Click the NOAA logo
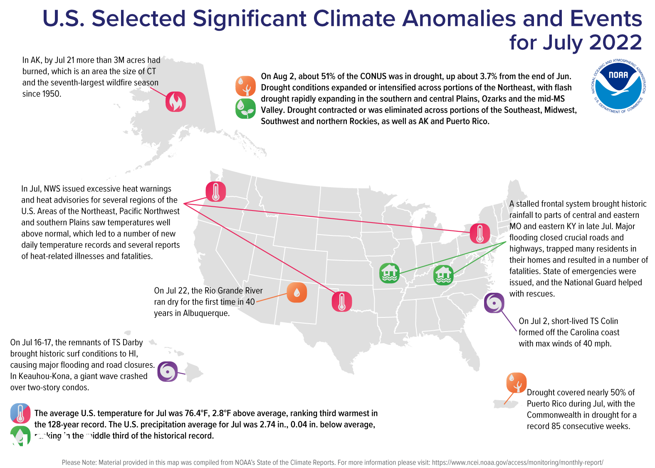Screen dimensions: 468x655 coord(618,86)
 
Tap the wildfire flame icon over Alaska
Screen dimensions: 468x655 coord(175,102)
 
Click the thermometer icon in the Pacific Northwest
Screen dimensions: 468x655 coord(216,192)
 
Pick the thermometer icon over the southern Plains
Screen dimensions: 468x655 coord(342,302)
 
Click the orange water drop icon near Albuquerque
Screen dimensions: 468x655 coord(297,292)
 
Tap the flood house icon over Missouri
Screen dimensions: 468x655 coord(389,273)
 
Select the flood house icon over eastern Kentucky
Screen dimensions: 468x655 coord(443,275)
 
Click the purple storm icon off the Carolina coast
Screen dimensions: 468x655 coord(494,303)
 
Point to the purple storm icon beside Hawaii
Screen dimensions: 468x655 coord(168,371)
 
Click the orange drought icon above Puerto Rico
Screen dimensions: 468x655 coord(517,383)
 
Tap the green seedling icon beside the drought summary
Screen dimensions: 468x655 coord(245,109)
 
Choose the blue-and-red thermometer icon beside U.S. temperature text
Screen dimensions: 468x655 coord(20,413)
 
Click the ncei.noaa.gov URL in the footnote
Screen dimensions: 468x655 coord(517,463)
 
